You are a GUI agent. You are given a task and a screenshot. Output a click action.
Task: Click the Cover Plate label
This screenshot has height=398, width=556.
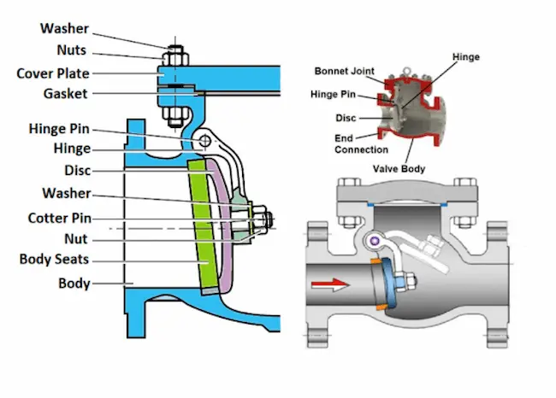[x=53, y=73]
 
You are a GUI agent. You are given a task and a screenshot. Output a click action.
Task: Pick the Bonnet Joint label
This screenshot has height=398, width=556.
[x=343, y=71]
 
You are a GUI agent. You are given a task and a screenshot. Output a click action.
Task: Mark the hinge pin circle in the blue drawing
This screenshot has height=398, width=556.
[x=204, y=139]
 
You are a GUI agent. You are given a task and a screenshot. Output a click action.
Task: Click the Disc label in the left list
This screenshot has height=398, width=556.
[x=77, y=171]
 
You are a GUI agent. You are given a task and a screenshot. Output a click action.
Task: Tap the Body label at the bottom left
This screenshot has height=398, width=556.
[x=74, y=283]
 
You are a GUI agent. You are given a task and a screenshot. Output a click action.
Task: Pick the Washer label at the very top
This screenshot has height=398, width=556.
[x=64, y=29]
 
